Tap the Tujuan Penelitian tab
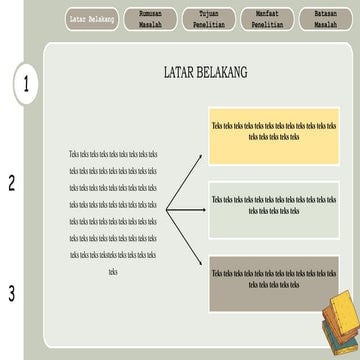pyautogui.click(x=207, y=19)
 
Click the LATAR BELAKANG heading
pyautogui.click(x=206, y=73)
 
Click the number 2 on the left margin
pyautogui.click(x=12, y=183)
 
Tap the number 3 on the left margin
pyautogui.click(x=12, y=293)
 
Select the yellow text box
pyautogui.click(x=274, y=134)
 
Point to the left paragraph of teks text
pyautogui.click(x=113, y=205)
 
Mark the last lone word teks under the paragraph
pyautogui.click(x=113, y=271)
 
